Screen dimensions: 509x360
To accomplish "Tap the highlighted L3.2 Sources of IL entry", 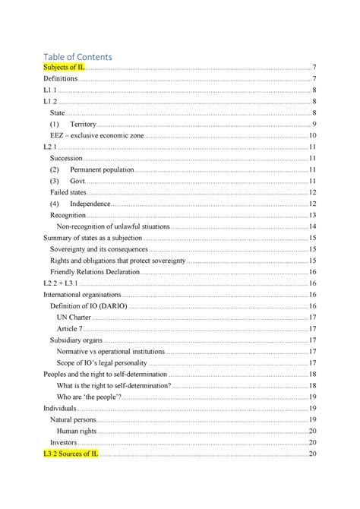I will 71,454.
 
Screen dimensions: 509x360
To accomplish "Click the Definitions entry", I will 61,79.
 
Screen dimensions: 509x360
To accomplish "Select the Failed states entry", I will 68,192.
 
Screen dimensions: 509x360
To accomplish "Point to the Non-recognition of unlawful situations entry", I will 113,226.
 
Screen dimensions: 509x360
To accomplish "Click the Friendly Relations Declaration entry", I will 95,271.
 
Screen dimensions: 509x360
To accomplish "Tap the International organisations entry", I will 82,294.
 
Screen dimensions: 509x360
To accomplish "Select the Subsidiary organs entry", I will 76,340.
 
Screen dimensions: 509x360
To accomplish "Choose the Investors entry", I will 63,442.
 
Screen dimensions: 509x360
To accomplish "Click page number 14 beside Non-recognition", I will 312,226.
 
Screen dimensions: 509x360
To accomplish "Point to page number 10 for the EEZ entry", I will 312,135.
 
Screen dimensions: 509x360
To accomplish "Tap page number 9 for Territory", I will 314,125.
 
